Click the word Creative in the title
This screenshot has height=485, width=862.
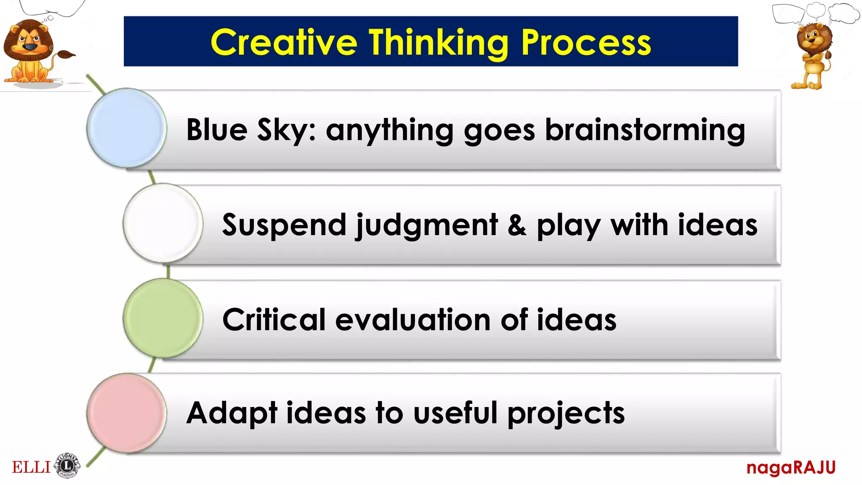pyautogui.click(x=284, y=43)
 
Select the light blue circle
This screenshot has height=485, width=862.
pyautogui.click(x=126, y=128)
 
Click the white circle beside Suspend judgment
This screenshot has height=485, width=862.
pyautogui.click(x=163, y=223)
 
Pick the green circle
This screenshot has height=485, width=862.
pyautogui.click(x=163, y=318)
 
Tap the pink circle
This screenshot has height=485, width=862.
pyautogui.click(x=126, y=413)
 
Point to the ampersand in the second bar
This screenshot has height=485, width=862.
pyautogui.click(x=516, y=225)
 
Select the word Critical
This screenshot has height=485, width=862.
pyautogui.click(x=274, y=320)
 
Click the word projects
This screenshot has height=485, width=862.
pyautogui.click(x=566, y=413)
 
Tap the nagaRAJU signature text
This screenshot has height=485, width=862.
pyautogui.click(x=790, y=467)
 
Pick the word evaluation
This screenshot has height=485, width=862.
pyautogui.click(x=413, y=320)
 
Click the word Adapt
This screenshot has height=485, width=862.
pyautogui.click(x=231, y=413)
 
